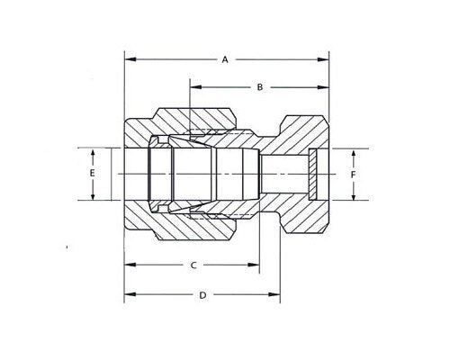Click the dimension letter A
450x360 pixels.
coord(225,59)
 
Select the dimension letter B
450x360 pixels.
coord(259,87)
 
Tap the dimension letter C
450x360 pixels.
coord(193,265)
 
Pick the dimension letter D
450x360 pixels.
coord(202,295)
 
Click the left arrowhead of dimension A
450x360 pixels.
coord(129,59)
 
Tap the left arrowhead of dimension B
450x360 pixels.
coord(193,87)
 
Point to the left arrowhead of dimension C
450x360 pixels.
coord(129,265)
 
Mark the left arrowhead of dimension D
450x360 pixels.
coord(129,295)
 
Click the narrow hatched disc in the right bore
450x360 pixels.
coord(310,174)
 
